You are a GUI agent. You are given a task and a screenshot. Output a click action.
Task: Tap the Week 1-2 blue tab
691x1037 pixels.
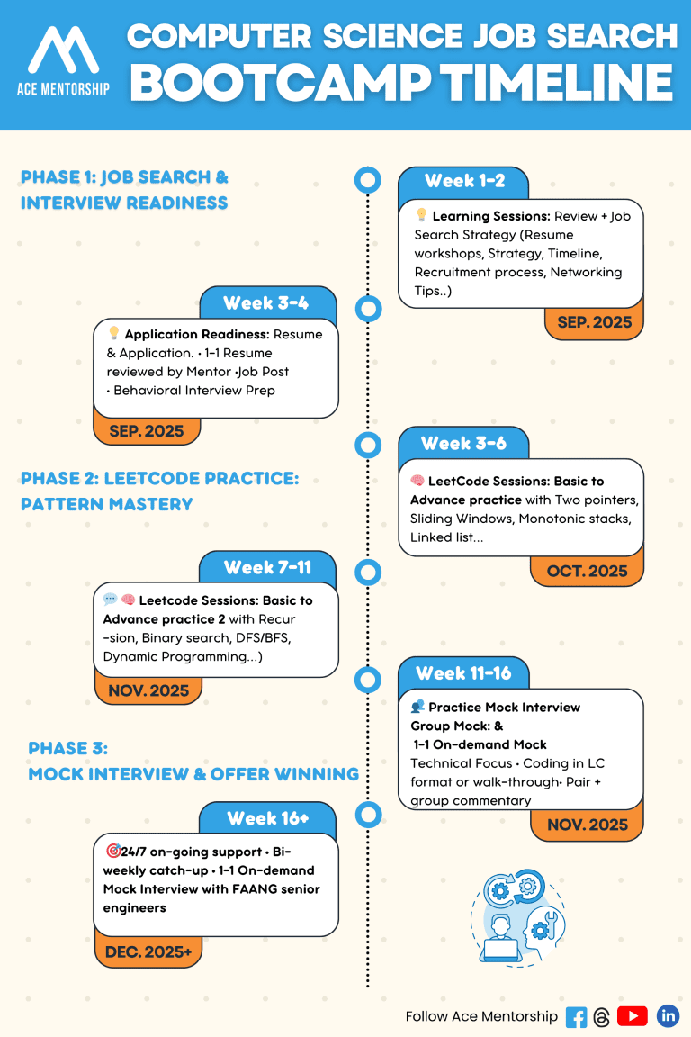pos(463,181)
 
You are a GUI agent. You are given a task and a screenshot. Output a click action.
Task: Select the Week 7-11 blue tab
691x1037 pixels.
pos(267,567)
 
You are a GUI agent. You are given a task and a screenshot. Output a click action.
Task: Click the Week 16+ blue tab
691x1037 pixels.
pos(267,818)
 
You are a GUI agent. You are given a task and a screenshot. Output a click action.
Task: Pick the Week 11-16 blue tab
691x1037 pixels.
pos(463,672)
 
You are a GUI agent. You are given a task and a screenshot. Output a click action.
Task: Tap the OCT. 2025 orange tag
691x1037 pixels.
pos(587,571)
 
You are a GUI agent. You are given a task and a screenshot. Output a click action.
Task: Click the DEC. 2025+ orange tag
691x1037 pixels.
pos(148,952)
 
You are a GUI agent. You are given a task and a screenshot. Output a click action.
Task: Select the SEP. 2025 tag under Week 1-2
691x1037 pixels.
pos(594,322)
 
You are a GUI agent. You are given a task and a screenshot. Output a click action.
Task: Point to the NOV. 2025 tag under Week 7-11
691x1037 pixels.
pos(148,690)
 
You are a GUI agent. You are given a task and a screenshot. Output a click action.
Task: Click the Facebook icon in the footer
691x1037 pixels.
pos(576,1017)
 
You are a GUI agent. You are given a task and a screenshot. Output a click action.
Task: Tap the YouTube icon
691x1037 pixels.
pos(633,1016)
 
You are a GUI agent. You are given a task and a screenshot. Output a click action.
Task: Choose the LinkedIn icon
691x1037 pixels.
pos(668,1016)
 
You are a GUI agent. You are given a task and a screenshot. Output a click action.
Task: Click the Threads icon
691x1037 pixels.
pos(602,1017)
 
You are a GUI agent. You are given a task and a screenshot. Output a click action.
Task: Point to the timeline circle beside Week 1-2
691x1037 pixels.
pos(368,180)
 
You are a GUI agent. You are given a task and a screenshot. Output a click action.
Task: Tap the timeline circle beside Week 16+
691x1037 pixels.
pos(368,816)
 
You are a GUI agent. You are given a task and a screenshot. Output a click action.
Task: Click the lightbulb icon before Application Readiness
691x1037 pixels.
pos(113,334)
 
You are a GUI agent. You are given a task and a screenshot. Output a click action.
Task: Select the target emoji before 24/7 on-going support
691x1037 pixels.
pos(113,851)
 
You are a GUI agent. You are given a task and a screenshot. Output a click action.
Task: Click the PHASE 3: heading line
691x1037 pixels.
pos(67,748)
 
